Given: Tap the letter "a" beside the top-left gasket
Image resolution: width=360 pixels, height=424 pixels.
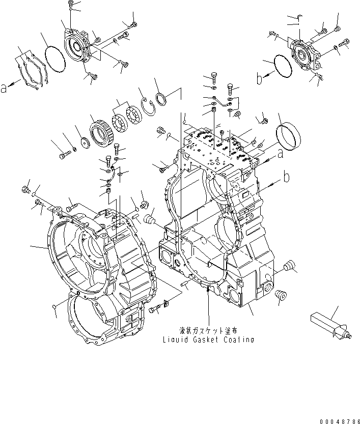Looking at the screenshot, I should tap(4, 88).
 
